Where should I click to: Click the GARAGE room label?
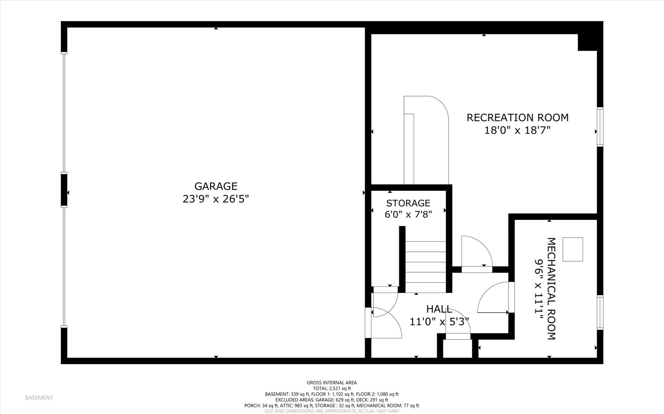point(216,186)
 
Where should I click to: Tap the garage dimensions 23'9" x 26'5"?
point(216,199)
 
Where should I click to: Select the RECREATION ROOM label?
point(517,117)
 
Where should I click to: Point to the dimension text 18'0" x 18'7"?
point(517,130)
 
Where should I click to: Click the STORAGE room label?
point(408,203)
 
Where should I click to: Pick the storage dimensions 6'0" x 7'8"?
point(408,214)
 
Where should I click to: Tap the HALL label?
point(439,309)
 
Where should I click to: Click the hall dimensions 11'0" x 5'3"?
point(439,322)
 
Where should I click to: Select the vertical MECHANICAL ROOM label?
point(551,288)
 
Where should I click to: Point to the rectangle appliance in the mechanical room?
point(573,249)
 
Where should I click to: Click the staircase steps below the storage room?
point(425,267)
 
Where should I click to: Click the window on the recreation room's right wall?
point(600,127)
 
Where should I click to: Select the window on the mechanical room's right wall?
point(600,313)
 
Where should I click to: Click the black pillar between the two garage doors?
point(64,190)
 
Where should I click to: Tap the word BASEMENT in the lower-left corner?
point(39,398)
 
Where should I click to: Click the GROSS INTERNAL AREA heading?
point(332,383)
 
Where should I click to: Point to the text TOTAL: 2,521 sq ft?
point(332,388)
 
